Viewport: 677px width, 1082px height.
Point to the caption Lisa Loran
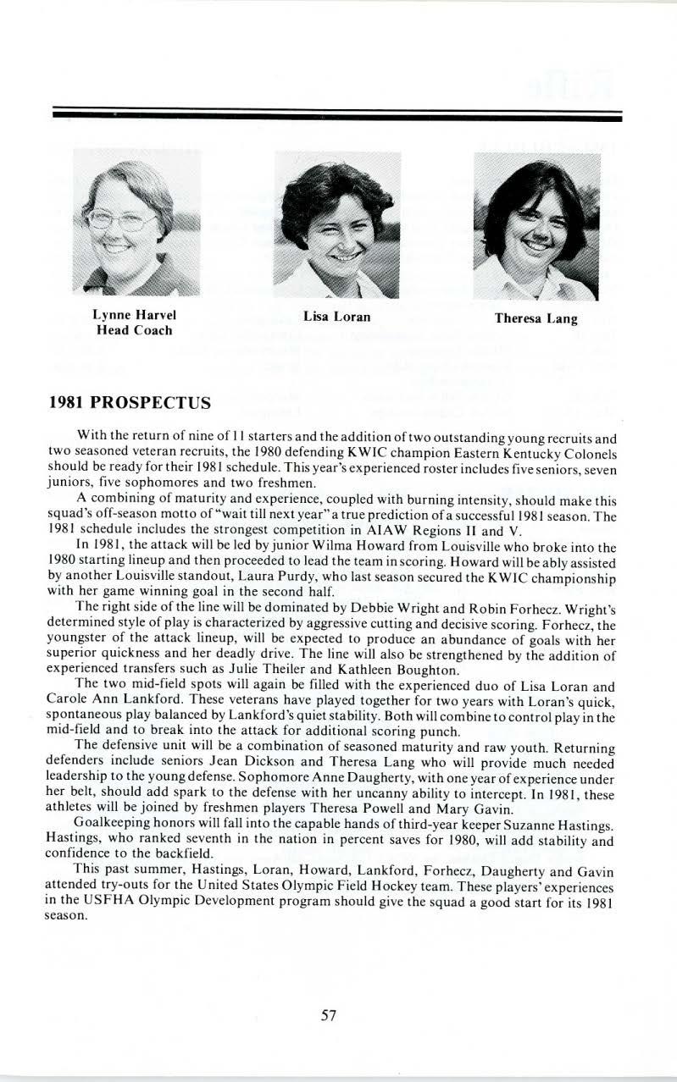click(336, 317)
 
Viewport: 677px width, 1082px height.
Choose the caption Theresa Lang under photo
click(536, 319)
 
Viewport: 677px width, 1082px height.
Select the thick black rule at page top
click(336, 116)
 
